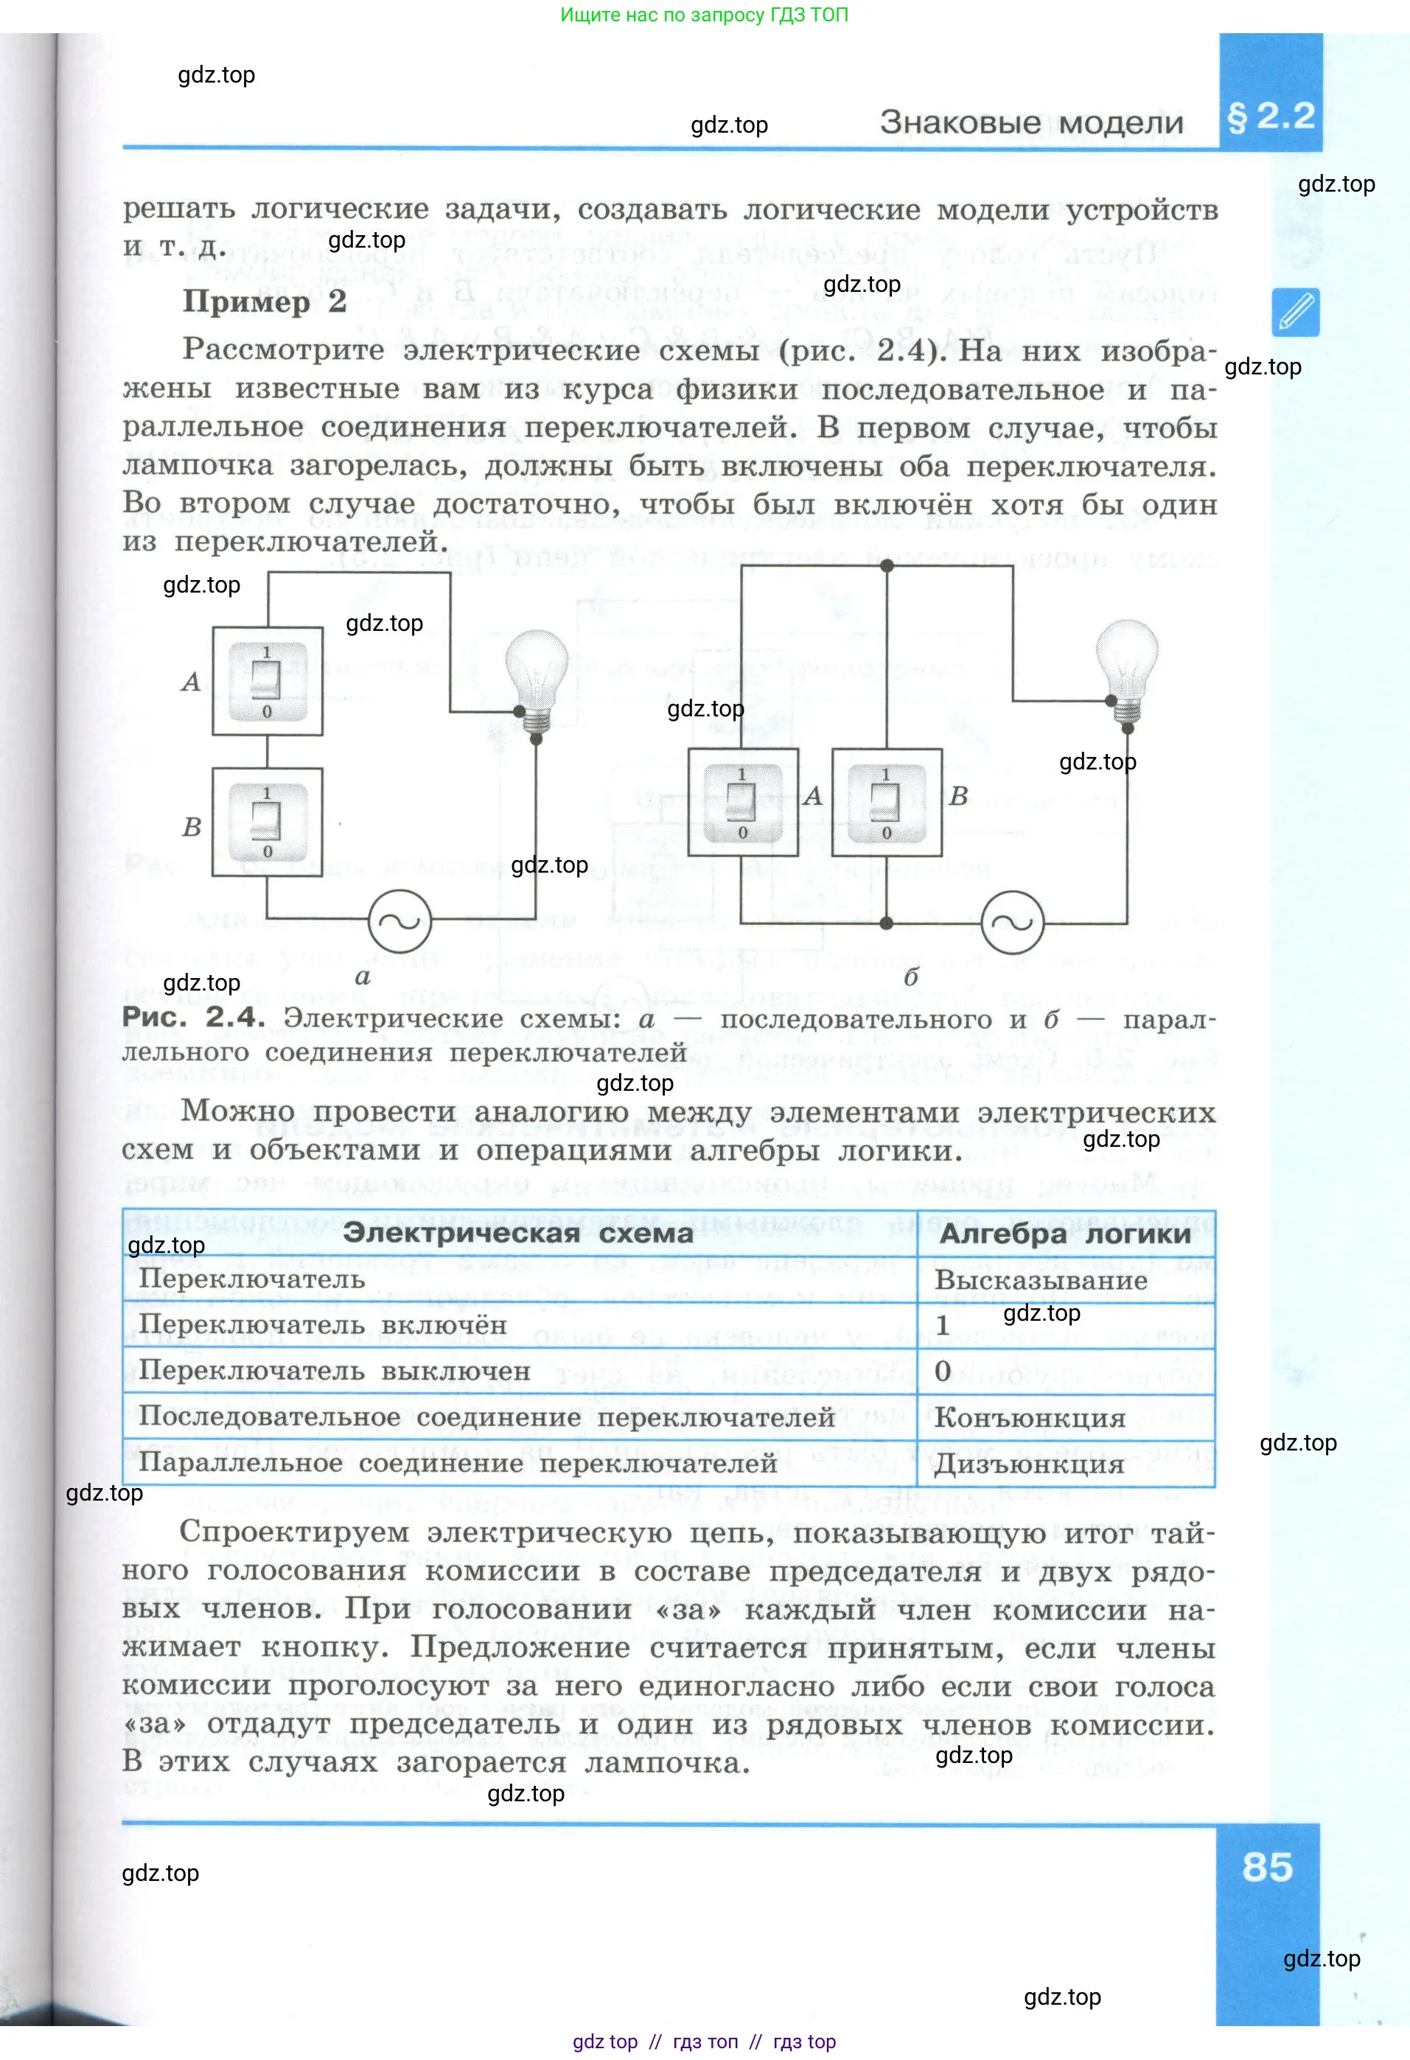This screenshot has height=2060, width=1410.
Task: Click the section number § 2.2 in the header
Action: pos(1270,117)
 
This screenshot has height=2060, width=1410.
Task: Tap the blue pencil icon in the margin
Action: pos(1295,312)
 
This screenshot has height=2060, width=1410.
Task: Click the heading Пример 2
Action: pos(264,301)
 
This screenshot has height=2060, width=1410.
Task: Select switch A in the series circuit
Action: pos(267,681)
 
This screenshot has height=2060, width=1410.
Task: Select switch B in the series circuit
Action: pos(267,822)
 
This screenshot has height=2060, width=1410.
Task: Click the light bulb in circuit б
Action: pos(1126,666)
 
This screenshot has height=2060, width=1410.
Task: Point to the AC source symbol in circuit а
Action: pos(399,921)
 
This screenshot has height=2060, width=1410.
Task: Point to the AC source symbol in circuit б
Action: pos(1012,922)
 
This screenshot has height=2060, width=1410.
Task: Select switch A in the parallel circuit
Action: pos(743,802)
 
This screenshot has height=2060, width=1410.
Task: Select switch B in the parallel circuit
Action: pos(886,802)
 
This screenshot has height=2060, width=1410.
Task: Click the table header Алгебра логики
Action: pos(1064,1233)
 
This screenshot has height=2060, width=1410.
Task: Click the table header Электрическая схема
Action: pos(517,1233)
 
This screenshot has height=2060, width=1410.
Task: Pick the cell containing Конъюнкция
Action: pos(1030,1417)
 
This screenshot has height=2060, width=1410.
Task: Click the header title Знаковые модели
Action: pos(1030,122)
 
